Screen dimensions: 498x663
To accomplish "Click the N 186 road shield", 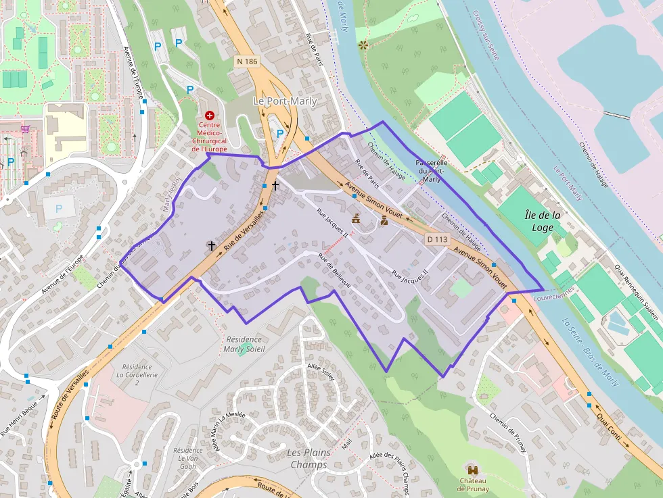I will click(x=248, y=61).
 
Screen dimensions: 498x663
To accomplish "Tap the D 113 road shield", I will click(x=438, y=239).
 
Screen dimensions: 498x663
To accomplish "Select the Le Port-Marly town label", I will click(x=285, y=101).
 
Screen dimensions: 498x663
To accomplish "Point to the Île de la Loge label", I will click(x=543, y=221).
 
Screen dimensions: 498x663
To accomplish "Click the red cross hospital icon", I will click(x=209, y=116).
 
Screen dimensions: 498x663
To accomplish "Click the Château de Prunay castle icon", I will click(x=472, y=468).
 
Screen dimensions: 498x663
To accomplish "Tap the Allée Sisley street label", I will click(x=321, y=372).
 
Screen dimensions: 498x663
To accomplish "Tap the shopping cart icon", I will click(x=26, y=128).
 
